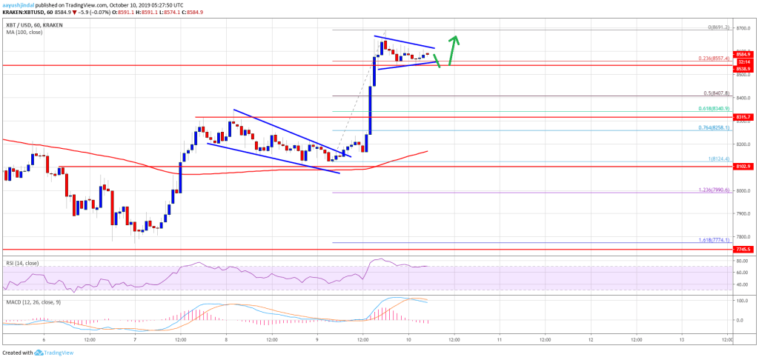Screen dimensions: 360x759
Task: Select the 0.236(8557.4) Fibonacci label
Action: (715, 59)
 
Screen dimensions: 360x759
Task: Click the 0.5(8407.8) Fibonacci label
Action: (716, 93)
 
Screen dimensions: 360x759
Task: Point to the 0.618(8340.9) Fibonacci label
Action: (715, 109)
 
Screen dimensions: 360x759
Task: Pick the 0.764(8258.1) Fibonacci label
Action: (715, 127)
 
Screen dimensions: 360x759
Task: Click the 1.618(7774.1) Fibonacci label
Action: (715, 240)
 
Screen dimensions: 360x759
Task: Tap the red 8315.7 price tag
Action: (744, 117)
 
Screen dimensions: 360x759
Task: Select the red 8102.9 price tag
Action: (744, 167)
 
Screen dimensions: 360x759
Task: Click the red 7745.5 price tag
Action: (744, 250)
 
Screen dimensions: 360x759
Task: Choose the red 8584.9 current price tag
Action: (744, 54)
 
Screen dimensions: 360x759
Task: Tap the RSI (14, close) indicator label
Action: (21, 263)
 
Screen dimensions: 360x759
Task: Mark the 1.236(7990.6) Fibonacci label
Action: (715, 190)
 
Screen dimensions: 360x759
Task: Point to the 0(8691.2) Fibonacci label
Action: (717, 27)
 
